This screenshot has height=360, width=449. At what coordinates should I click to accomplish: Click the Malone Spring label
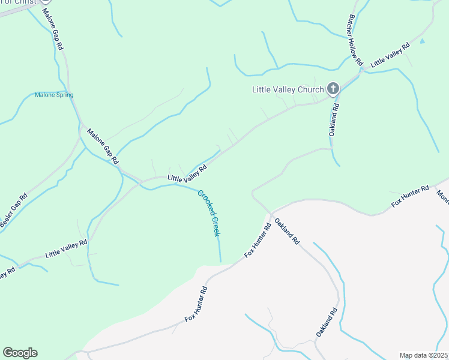[54, 95]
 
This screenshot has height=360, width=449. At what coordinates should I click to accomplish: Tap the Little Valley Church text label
[288, 90]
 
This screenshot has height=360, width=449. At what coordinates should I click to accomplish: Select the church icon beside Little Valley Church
[333, 89]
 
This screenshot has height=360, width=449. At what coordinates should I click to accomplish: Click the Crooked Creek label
[209, 213]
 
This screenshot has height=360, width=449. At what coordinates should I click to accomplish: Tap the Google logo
[20, 353]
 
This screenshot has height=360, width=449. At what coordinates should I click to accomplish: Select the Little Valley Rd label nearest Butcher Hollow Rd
[390, 55]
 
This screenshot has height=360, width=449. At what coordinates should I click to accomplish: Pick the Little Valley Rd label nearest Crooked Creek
[187, 174]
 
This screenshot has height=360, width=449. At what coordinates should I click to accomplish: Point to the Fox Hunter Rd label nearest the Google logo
[196, 304]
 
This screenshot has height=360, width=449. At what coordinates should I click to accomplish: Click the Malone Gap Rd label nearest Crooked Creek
[103, 146]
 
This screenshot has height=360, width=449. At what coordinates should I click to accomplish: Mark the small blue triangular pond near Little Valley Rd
[423, 41]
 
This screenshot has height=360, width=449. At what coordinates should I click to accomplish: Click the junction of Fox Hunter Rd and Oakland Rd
[271, 213]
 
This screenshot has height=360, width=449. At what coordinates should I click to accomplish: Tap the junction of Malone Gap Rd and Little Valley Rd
[140, 180]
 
